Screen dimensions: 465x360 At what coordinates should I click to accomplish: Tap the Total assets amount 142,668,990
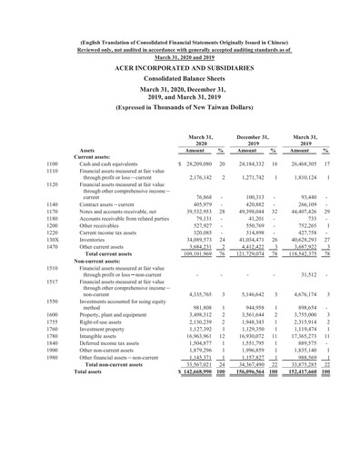pyautogui.click(x=189, y=449)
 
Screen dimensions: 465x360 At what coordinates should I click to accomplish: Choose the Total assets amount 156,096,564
pyautogui.click(x=256, y=449)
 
